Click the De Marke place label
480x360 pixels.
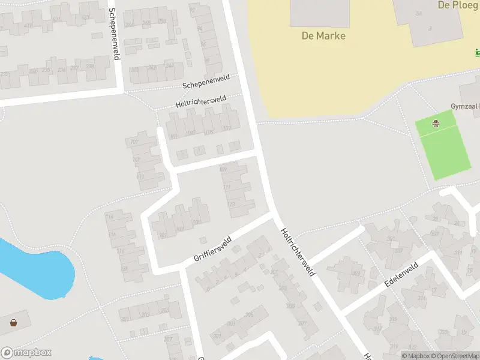pyautogui.click(x=323, y=36)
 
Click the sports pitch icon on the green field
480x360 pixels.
pyautogui.click(x=436, y=124)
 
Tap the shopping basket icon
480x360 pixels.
pyautogui.click(x=13, y=323)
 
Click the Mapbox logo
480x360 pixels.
pyautogui.click(x=26, y=353)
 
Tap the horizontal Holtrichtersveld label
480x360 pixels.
pyautogui.click(x=200, y=102)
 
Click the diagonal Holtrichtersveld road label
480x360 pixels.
pyautogui.click(x=298, y=251)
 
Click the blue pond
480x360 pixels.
pyautogui.click(x=36, y=270)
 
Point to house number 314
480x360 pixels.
pyautogui.click(x=422, y=298)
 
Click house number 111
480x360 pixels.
pyautogui.click(x=226, y=187)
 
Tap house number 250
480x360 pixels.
pyautogui.click(x=162, y=22)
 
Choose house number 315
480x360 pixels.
pyautogui.click(x=393, y=319)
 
